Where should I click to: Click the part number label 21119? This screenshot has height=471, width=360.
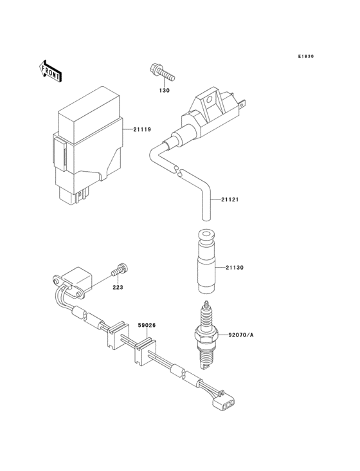[142, 130]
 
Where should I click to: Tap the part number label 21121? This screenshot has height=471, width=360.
[230, 199]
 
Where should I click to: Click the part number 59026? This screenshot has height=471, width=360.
[147, 326]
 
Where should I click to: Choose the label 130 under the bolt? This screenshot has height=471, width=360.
[165, 90]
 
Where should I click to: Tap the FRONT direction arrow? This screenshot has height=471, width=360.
[51, 70]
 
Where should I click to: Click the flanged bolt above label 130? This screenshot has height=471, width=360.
[163, 72]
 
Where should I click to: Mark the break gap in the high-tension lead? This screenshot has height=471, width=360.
[177, 171]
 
